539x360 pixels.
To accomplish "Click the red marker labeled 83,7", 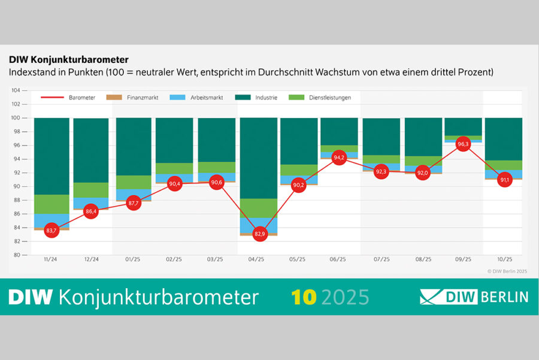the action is [52, 231].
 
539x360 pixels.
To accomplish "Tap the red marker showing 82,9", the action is [259, 234].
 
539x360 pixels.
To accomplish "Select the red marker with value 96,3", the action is [463, 144].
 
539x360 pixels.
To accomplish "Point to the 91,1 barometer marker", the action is [505, 180].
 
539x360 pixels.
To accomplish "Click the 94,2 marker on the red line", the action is [339, 158].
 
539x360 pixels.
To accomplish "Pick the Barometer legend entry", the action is [68, 98].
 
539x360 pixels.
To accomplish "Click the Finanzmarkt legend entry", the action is [132, 98].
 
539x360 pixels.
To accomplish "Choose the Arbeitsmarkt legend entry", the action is [196, 98].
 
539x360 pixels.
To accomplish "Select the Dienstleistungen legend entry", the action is [320, 98].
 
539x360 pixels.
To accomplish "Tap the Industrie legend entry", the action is [256, 98].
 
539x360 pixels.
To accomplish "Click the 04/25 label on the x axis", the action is [256, 259].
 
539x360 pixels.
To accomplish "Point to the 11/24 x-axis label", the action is [50, 259].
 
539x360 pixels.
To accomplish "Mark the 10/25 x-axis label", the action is [505, 259].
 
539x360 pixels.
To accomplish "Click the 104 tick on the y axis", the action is [16, 90].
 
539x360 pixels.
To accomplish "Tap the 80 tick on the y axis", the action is [17, 255].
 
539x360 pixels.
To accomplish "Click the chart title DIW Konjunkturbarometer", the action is [69, 60].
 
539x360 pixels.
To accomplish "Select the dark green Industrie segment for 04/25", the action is [259, 158].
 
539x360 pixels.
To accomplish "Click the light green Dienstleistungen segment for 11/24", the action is [52, 204].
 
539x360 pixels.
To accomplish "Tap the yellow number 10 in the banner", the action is [304, 297].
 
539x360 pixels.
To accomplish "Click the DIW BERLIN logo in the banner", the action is [474, 297].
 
